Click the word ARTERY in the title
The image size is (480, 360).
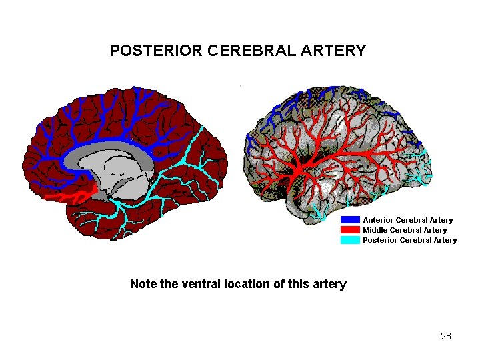coord(340,51)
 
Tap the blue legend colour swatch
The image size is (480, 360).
coord(350,219)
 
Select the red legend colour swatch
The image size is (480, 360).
coord(350,230)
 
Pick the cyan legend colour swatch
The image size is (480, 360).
coord(350,240)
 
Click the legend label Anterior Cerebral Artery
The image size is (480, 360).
coord(407,220)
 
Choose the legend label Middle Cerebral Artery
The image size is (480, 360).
coord(405,230)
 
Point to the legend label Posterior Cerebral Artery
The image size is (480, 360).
coord(409,240)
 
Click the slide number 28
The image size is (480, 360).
coord(446,336)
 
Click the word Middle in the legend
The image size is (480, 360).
coord(375,230)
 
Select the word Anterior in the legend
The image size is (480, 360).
coord(378,220)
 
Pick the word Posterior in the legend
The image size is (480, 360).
coord(379,240)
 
